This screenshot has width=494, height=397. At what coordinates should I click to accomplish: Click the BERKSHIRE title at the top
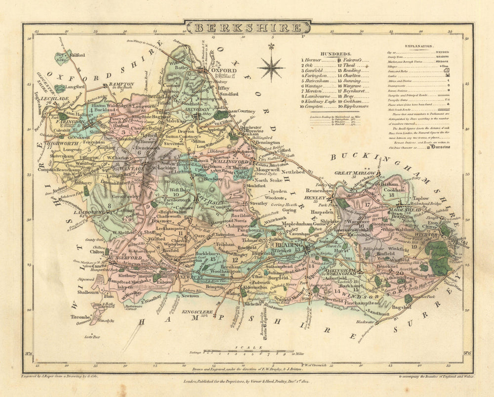tap(247, 27)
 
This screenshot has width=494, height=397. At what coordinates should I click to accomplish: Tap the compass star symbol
tap(271, 63)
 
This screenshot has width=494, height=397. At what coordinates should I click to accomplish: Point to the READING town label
tap(289, 245)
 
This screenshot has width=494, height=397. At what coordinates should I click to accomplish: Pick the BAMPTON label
tap(122, 85)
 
